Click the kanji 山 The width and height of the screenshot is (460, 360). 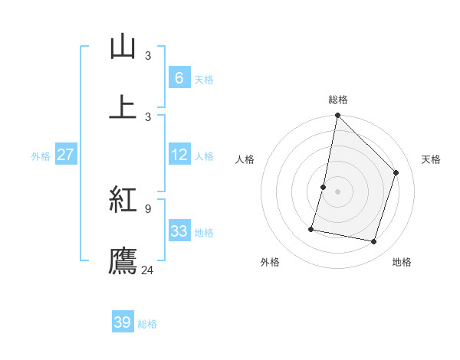click(x=123, y=47)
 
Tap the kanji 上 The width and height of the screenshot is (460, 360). click(x=123, y=107)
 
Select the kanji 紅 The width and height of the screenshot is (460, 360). click(x=123, y=200)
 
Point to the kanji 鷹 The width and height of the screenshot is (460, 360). click(x=123, y=260)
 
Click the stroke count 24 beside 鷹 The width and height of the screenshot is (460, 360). click(x=148, y=270)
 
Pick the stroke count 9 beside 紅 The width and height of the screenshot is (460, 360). click(x=148, y=208)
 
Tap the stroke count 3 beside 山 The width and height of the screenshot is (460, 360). click(x=148, y=56)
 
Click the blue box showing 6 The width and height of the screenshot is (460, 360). click(x=179, y=78)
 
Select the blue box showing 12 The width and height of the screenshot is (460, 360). click(x=179, y=155)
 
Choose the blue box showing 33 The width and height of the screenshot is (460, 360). click(x=179, y=231)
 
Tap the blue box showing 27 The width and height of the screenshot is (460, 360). click(x=65, y=155)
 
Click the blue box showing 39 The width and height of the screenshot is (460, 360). click(x=122, y=322)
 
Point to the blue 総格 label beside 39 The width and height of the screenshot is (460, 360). click(x=147, y=324)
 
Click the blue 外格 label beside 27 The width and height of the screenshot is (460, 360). click(x=41, y=156)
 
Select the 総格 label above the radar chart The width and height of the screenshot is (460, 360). click(x=338, y=100)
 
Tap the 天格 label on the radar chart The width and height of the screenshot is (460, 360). click(x=432, y=159)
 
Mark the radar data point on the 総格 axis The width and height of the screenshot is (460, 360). click(x=337, y=115)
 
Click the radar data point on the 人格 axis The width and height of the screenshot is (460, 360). click(x=324, y=187)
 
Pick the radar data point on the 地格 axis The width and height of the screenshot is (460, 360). click(x=373, y=241)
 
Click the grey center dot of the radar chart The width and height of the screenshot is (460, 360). click(x=337, y=191)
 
